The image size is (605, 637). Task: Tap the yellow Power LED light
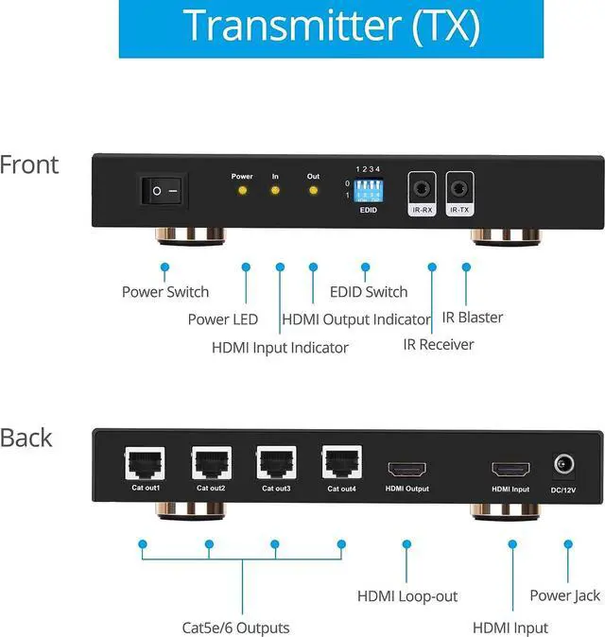pos(242,191)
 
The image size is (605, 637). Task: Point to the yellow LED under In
pos(275,191)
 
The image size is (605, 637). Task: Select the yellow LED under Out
pos(313,191)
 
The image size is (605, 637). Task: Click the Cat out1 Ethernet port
pos(145,464)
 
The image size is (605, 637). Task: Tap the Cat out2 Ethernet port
pos(210,464)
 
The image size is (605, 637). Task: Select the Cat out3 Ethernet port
pos(275,464)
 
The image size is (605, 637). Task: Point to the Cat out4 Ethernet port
pos(340,463)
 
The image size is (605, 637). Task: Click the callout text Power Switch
pos(165,291)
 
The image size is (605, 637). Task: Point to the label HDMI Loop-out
pos(406,596)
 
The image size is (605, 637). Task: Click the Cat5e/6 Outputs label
pos(235,628)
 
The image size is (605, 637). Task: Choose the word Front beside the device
pos(29,164)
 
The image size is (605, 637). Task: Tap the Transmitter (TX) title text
pos(331,26)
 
